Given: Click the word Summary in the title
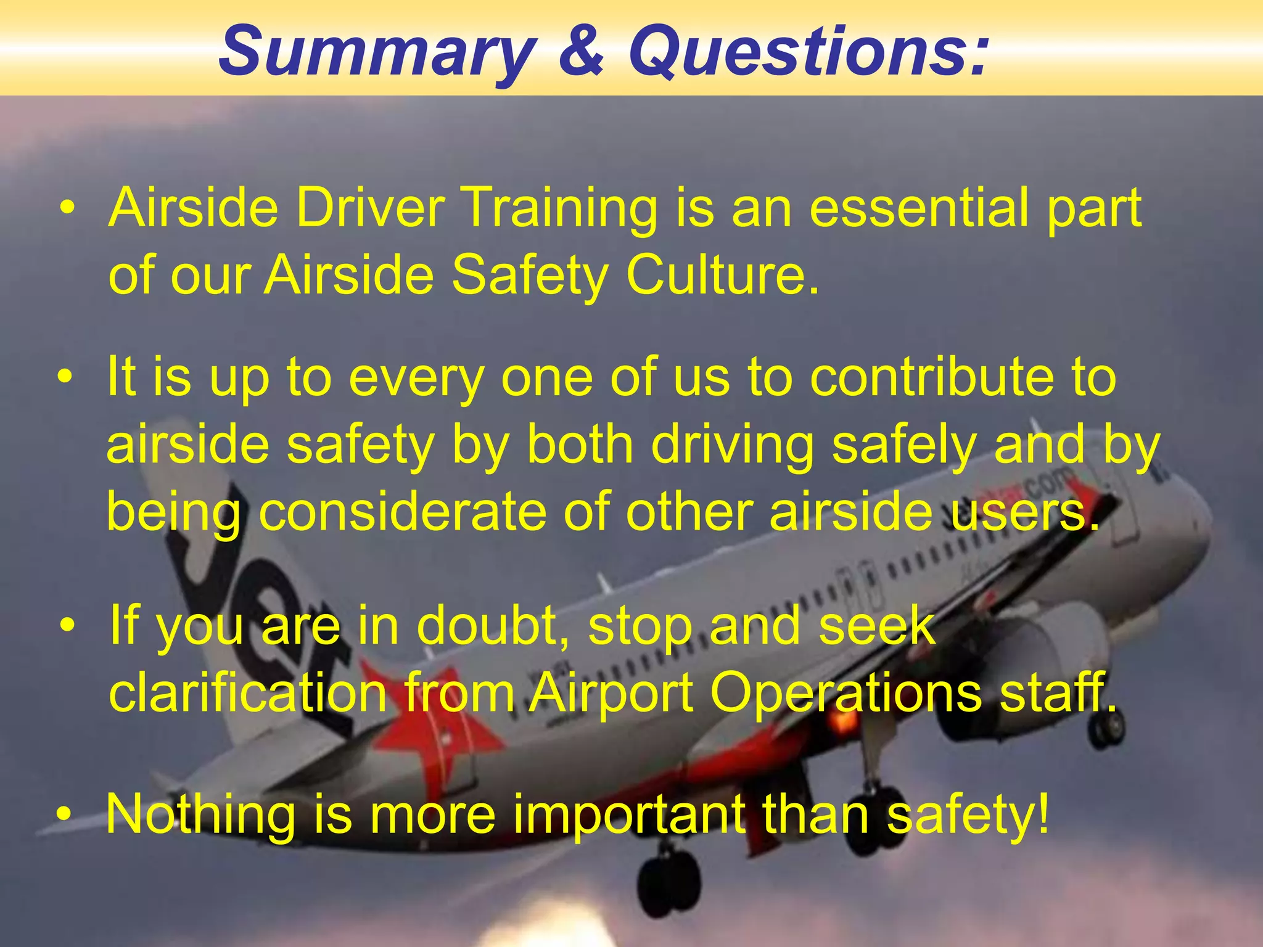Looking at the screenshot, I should [x=377, y=52].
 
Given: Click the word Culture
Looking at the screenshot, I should [x=722, y=275].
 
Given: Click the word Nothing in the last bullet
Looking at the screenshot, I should [x=200, y=814].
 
